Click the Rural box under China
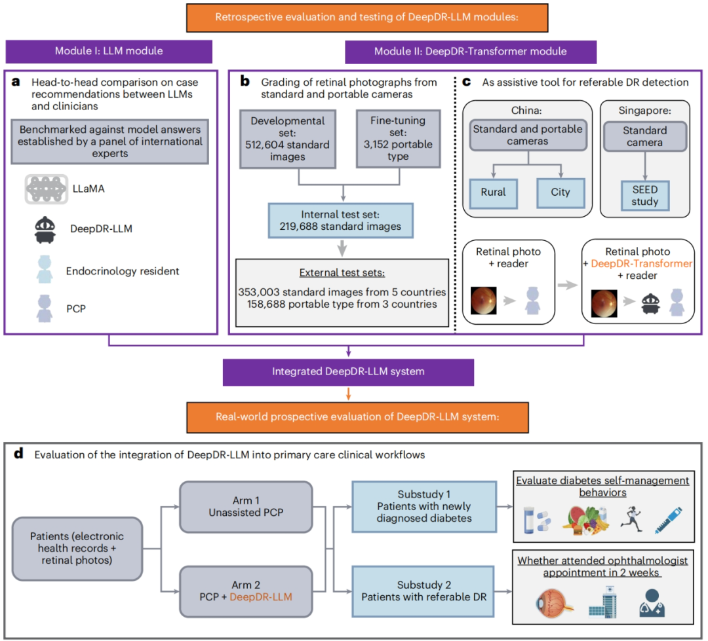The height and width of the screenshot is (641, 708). [493, 192]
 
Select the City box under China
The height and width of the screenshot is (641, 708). [560, 192]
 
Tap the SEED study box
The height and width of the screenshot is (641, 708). [644, 195]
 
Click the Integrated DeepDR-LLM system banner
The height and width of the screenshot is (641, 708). [348, 371]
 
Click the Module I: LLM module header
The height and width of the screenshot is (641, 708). [109, 52]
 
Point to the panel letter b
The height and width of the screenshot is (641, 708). [245, 82]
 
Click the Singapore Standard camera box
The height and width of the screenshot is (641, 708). [644, 136]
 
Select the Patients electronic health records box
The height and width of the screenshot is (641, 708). [77, 549]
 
